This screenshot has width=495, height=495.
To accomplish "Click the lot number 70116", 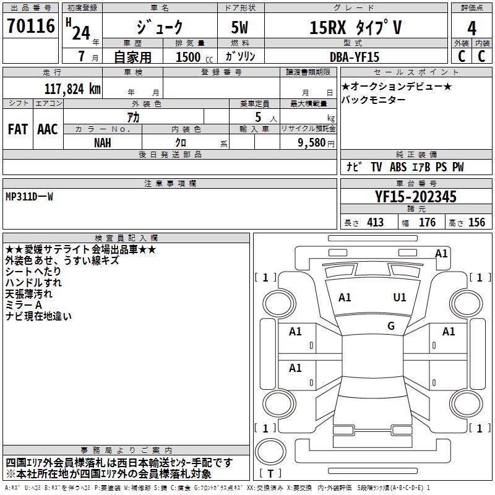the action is (30, 27).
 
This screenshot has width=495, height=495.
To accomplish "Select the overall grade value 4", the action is (471, 28).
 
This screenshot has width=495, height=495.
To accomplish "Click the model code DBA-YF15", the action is (354, 56).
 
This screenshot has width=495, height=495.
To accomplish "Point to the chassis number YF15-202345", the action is (416, 197).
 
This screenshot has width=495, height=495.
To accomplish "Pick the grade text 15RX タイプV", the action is (355, 28).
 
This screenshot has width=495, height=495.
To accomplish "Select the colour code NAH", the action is (103, 142).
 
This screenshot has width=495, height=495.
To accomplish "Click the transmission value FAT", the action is (18, 129).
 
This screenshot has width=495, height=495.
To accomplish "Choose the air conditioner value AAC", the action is (48, 129).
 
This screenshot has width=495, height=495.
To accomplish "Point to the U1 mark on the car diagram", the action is (400, 298).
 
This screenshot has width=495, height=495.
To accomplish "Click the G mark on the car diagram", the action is (391, 325).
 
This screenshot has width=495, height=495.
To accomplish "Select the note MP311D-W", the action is (30, 197).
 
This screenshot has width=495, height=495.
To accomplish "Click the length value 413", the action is (375, 223).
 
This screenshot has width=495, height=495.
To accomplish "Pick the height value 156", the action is (476, 223).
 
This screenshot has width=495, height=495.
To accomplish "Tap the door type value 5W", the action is (240, 28).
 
